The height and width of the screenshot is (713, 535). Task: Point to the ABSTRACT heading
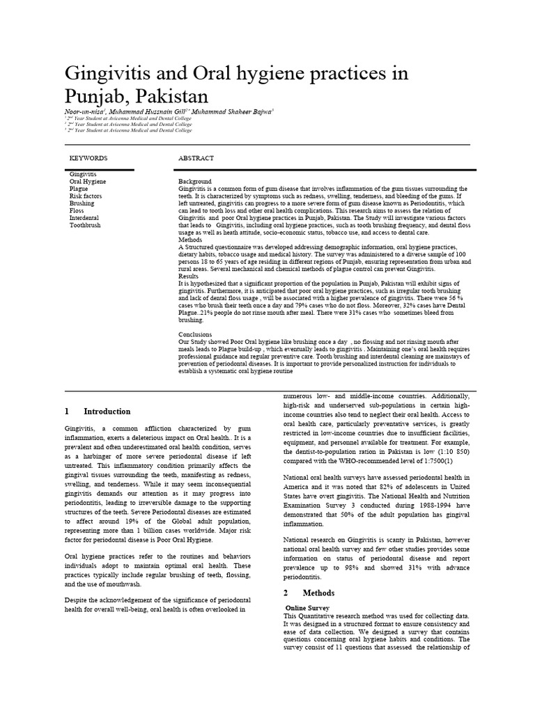(196, 158)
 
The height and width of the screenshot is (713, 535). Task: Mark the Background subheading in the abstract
(195, 181)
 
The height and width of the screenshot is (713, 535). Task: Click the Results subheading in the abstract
(189, 276)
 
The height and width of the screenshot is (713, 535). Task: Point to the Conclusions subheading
(196, 335)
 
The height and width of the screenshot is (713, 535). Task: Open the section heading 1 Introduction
(98, 412)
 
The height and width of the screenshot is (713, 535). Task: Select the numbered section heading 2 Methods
(309, 593)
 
